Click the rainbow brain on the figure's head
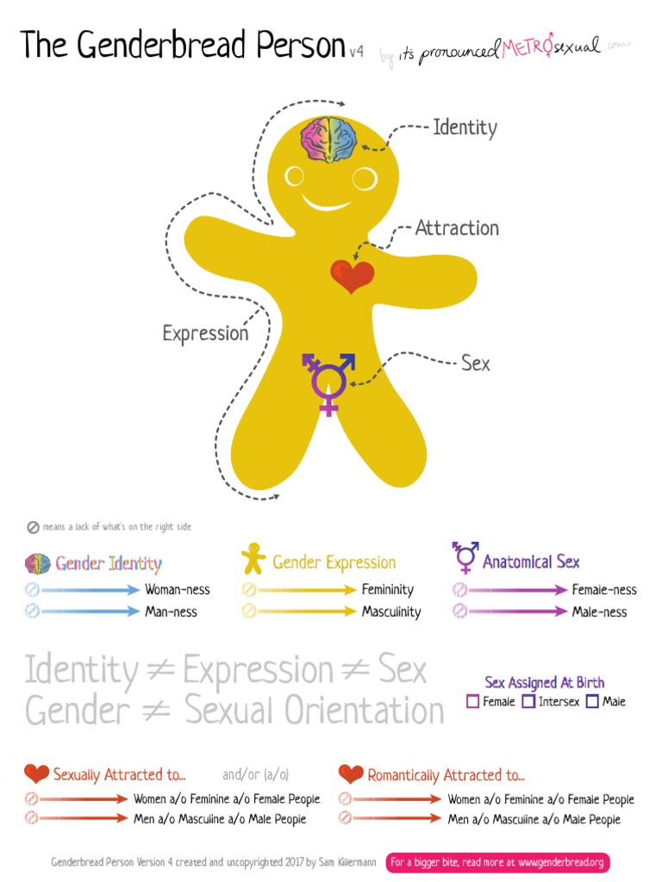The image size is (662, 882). coord(328,140)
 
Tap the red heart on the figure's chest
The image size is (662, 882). coord(353,276)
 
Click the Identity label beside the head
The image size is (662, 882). coord(465,128)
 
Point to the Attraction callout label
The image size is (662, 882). coord(457,228)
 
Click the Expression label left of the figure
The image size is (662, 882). coord(205,333)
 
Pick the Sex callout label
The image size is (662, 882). coord(475,363)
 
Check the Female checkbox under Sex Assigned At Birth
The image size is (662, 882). coord(472,702)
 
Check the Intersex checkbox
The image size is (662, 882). coord(528,702)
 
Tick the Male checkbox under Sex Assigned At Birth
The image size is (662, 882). coord(592,702)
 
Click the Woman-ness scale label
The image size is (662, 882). coord(178,590)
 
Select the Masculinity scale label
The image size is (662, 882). coord(390,612)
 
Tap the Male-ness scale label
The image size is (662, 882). coord(599,612)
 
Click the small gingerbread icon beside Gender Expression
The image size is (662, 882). coord(253,560)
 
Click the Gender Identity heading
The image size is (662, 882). coord(109,564)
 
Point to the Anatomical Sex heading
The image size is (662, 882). coord(531,562)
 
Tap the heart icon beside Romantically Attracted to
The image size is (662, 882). coord(351,773)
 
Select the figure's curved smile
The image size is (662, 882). coord(327,204)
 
